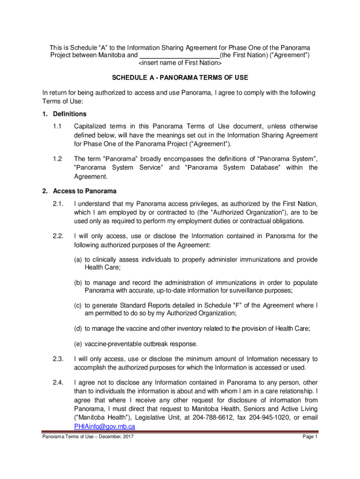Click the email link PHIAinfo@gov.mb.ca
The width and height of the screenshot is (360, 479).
(105, 426)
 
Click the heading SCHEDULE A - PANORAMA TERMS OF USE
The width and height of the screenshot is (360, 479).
(180, 77)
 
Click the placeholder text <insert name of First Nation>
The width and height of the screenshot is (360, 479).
(180, 63)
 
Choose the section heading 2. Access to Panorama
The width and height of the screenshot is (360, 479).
(79, 191)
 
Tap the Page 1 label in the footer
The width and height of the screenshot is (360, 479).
(310, 437)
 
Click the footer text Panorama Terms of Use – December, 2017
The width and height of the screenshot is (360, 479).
(87, 437)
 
